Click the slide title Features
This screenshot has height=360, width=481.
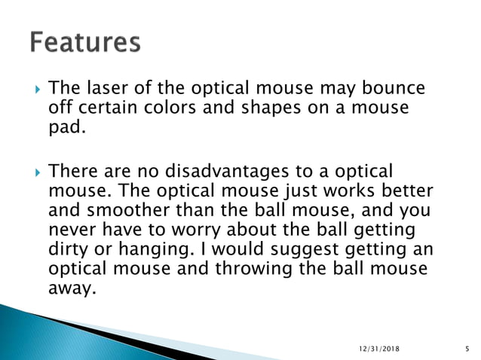(85, 43)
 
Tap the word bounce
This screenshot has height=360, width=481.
(394, 89)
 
